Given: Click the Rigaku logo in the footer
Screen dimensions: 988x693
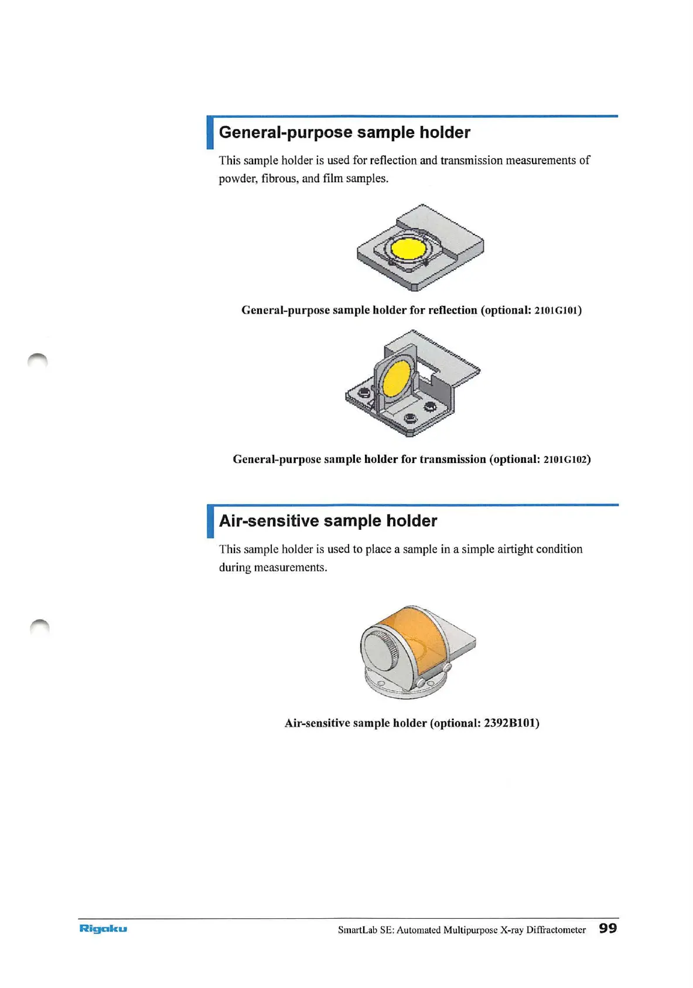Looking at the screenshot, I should click(103, 928).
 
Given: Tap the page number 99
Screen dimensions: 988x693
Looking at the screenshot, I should click(607, 928).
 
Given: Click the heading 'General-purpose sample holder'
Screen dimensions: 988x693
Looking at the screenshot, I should click(344, 132).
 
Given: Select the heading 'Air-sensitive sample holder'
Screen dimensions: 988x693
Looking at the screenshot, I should click(328, 521).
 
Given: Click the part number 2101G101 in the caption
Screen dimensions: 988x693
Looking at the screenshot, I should click(557, 311).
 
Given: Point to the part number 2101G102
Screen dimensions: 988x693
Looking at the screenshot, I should click(565, 459).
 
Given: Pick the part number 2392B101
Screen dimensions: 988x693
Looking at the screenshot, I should click(510, 723).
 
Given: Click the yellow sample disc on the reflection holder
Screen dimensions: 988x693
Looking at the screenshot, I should click(408, 248).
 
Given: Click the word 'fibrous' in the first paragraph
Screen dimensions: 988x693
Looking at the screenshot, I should click(279, 178).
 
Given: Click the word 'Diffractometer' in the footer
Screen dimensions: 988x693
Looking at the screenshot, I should click(556, 930).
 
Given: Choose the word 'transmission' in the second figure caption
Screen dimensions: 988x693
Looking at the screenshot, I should click(452, 459).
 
